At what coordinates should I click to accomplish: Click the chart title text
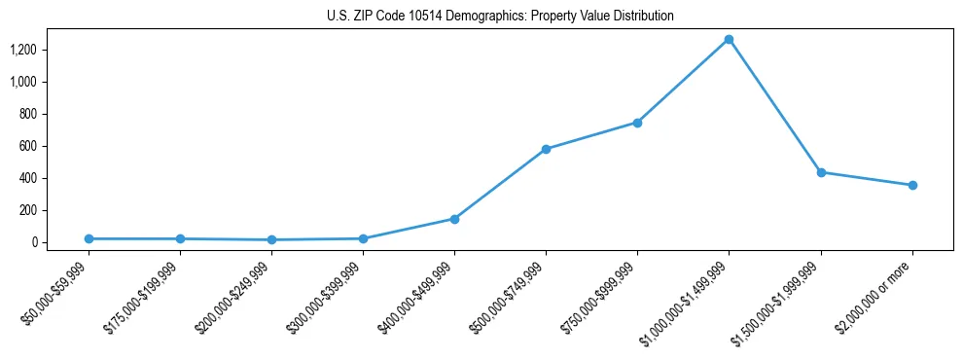pyautogui.click(x=499, y=17)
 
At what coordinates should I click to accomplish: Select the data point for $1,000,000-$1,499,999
pyautogui.click(x=729, y=40)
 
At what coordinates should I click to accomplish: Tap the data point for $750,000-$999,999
pyautogui.click(x=637, y=123)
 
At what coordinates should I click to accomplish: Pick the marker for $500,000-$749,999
pyautogui.click(x=546, y=149)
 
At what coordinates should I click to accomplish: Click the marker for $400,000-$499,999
pyautogui.click(x=454, y=219)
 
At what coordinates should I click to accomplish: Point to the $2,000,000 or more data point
pyautogui.click(x=912, y=185)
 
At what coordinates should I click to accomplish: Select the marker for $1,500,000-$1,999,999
pyautogui.click(x=821, y=172)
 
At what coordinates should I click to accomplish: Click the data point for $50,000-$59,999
pyautogui.click(x=89, y=238)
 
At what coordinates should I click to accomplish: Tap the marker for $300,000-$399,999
pyautogui.click(x=363, y=238)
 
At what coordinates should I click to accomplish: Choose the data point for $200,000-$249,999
pyautogui.click(x=271, y=239)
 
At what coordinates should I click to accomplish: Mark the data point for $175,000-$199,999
pyautogui.click(x=180, y=238)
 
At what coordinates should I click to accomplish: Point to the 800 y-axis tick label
pyautogui.click(x=28, y=114)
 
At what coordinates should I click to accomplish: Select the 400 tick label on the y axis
pyautogui.click(x=28, y=178)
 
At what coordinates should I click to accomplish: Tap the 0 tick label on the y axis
pyautogui.click(x=34, y=242)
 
